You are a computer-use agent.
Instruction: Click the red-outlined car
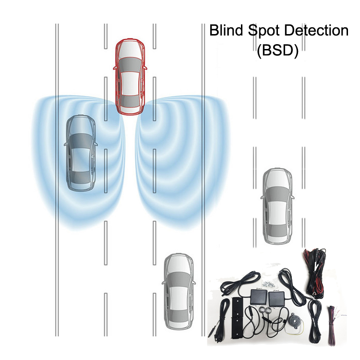129,77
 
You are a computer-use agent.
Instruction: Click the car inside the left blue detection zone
81,153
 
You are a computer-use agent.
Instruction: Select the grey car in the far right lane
277,206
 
